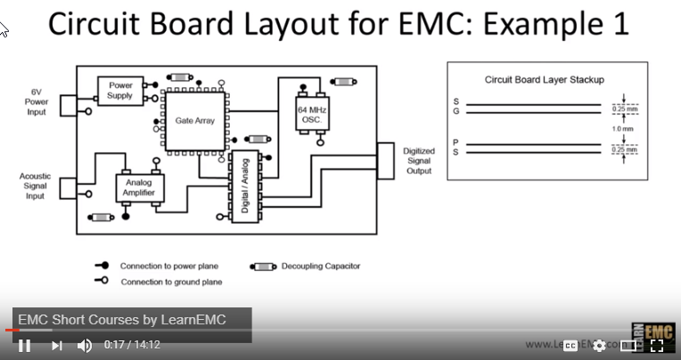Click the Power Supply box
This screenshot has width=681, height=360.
tap(119, 89)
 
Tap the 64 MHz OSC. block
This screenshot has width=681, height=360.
tap(312, 113)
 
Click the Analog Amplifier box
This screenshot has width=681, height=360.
tap(136, 187)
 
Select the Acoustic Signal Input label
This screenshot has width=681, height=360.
tap(35, 186)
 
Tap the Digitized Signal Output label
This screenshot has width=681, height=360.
tap(417, 161)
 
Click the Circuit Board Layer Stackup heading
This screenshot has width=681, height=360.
tap(544, 79)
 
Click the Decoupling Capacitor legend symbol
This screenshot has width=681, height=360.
tap(264, 266)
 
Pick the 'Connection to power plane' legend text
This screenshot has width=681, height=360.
tap(169, 266)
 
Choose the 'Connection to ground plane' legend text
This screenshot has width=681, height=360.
tap(171, 282)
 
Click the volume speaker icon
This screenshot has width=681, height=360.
tap(85, 345)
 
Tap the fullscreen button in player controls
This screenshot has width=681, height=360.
tap(657, 345)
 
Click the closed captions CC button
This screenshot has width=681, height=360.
tap(570, 345)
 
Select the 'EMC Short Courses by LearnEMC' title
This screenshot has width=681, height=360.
tap(122, 320)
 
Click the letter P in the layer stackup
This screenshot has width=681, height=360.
tap(456, 142)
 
